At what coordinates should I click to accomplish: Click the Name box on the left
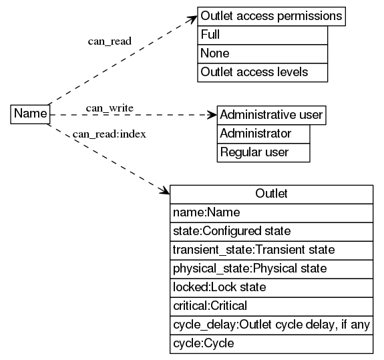(x=30, y=114)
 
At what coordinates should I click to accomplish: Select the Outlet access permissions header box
(x=271, y=16)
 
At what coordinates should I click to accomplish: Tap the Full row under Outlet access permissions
(x=262, y=35)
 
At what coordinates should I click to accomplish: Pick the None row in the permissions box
(x=262, y=53)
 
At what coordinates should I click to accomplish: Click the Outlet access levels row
(x=262, y=72)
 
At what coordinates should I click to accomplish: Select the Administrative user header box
(x=271, y=114)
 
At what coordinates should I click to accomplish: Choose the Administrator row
(x=264, y=133)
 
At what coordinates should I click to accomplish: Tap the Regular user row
(x=264, y=152)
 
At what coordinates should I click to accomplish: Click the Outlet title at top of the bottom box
(x=271, y=194)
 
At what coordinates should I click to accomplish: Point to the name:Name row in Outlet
(x=271, y=212)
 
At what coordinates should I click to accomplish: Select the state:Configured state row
(x=271, y=231)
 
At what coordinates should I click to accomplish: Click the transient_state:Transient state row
(x=271, y=250)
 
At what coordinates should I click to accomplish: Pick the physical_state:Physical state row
(x=271, y=268)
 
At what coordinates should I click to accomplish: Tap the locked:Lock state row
(x=271, y=287)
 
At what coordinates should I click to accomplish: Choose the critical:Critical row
(x=271, y=306)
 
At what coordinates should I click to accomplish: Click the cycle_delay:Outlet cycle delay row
(x=271, y=325)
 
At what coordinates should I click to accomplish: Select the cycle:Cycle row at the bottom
(x=271, y=343)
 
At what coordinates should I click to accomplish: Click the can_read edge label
(x=110, y=41)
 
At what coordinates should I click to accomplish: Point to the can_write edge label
(x=110, y=108)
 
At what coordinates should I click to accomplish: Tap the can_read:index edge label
(x=110, y=134)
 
